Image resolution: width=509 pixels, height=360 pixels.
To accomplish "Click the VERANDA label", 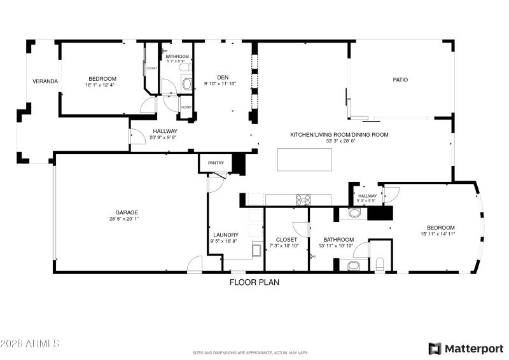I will pos(45,81).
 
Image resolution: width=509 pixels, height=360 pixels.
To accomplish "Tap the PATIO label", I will pos(400,80).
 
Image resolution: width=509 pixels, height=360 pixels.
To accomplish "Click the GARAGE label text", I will pos(127,212).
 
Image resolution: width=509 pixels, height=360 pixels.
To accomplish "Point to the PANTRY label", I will pos(216,163).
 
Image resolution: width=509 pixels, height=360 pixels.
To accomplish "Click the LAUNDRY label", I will pos(225,234).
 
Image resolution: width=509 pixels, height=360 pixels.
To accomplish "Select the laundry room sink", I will pos(257,249).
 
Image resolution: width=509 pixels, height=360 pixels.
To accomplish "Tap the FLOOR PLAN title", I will pos(254,282).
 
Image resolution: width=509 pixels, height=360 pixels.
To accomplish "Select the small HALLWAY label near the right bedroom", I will pos(367,196).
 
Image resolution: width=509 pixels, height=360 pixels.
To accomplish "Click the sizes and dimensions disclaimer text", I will pos(251,352).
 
